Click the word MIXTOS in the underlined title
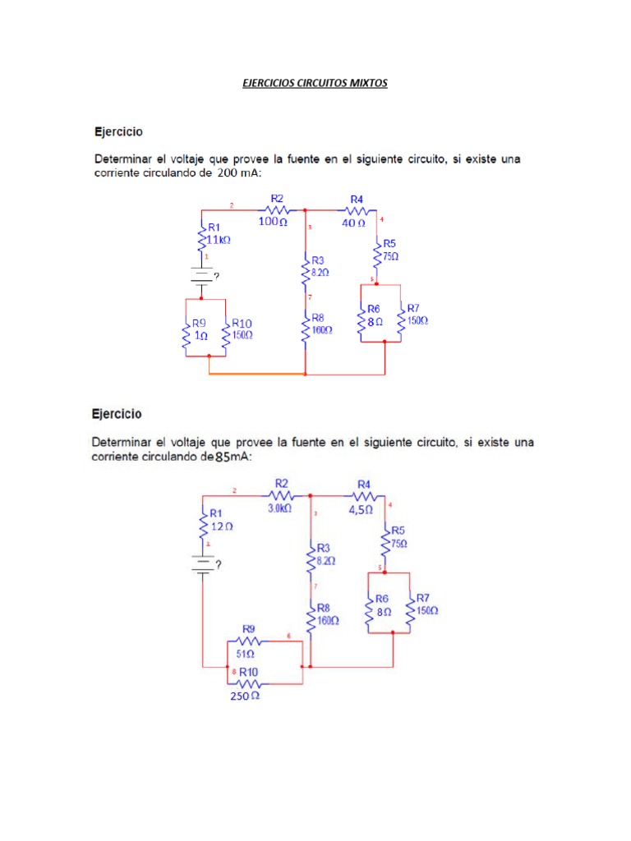(x=366, y=84)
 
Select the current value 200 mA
(x=237, y=174)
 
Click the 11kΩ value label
(x=218, y=239)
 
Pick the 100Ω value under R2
(x=274, y=222)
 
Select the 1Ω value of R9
(x=200, y=336)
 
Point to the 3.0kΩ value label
(x=280, y=508)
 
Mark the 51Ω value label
(x=246, y=655)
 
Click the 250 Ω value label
(x=244, y=696)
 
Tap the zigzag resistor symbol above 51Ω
(x=248, y=641)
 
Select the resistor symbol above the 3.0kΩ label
(x=281, y=495)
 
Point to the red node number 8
(x=234, y=671)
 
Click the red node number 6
(x=288, y=636)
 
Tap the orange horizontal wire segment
(x=256, y=374)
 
